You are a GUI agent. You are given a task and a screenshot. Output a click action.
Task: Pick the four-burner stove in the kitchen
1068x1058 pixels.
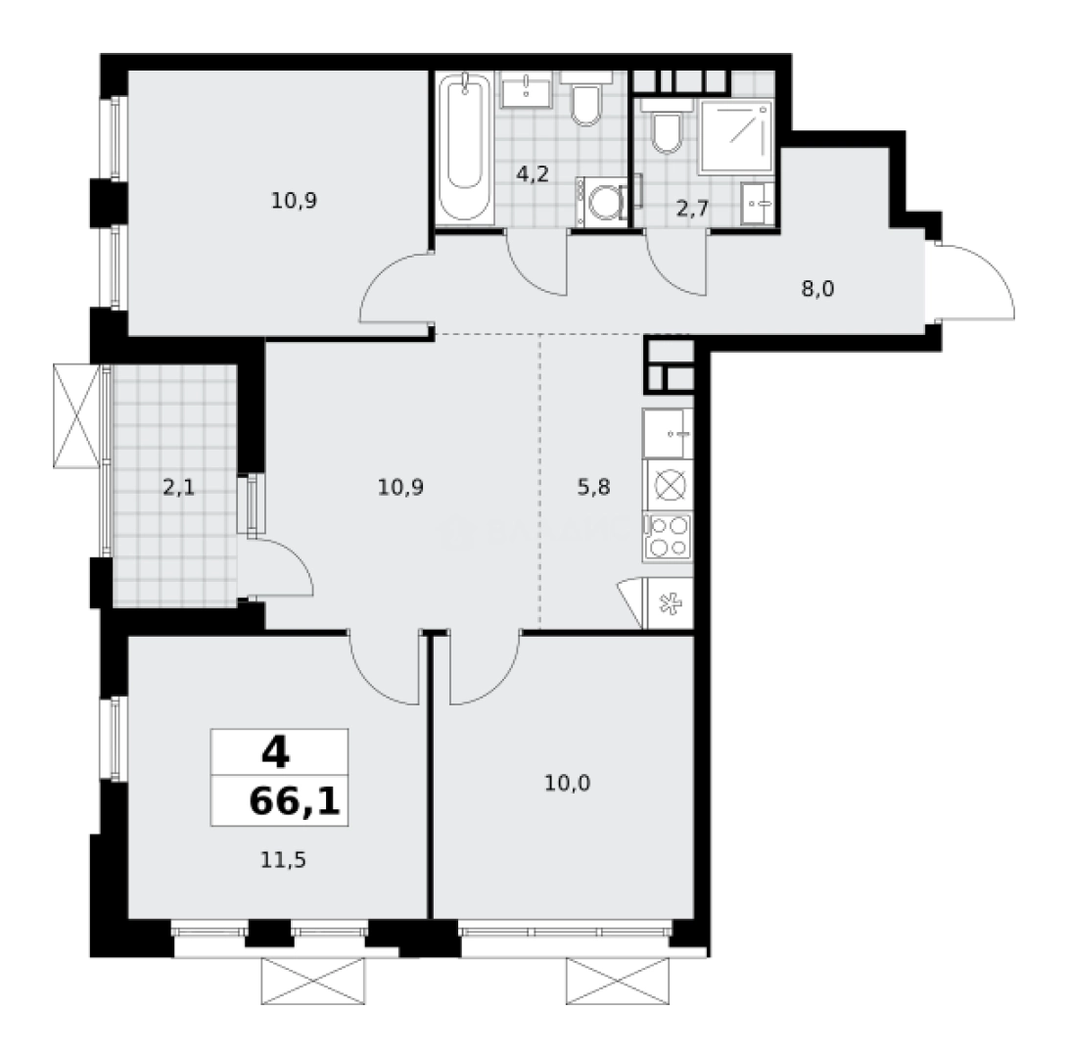(x=668, y=537)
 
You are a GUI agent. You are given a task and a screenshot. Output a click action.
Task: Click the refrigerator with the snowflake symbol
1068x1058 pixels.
(x=669, y=602)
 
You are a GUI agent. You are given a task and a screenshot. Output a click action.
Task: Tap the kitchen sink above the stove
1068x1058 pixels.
(x=668, y=431)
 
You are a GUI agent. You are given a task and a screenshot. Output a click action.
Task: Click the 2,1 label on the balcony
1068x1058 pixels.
(x=178, y=487)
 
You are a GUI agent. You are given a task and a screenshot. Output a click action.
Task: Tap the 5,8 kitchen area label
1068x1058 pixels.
(x=593, y=487)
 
